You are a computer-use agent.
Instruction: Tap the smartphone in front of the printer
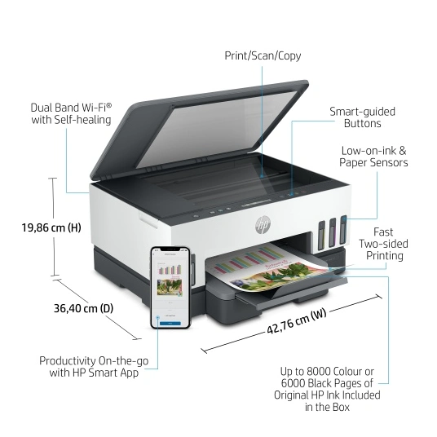click(170, 288)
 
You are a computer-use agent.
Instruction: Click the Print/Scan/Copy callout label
click(263, 55)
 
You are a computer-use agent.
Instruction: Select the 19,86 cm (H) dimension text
click(51, 227)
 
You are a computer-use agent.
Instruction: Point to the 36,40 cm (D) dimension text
click(83, 308)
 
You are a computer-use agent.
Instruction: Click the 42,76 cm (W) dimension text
click(297, 321)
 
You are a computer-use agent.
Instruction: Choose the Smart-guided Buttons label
click(362, 117)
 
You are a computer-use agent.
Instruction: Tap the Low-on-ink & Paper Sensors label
click(373, 157)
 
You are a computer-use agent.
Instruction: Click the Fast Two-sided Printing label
click(383, 244)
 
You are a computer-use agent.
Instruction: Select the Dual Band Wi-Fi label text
click(72, 113)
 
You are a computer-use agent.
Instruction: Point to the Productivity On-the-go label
click(94, 367)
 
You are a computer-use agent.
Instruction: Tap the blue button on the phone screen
click(170, 324)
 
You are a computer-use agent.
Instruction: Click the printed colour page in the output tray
click(267, 267)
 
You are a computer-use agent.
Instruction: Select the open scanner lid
click(199, 129)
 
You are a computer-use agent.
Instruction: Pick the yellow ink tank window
click(321, 235)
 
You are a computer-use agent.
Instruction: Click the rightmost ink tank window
click(343, 230)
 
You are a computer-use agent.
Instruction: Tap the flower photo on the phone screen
click(170, 287)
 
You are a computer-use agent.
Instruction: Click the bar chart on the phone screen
click(170, 269)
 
